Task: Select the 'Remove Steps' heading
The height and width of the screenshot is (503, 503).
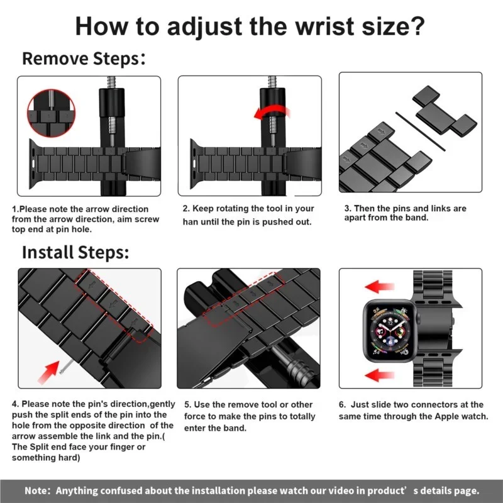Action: pyautogui.click(x=81, y=59)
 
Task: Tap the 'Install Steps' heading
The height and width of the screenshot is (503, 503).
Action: pyautogui.click(x=75, y=252)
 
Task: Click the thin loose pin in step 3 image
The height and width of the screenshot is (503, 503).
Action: pyautogui.click(x=420, y=131)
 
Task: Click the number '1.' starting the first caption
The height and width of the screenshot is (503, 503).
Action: pyautogui.click(x=16, y=209)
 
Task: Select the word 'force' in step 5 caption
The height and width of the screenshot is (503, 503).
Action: pyautogui.click(x=197, y=416)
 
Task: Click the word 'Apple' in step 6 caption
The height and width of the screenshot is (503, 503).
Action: pyautogui.click(x=424, y=416)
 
